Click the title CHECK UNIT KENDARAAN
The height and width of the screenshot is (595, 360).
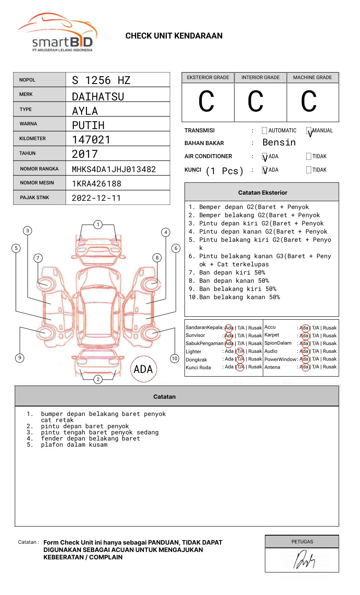point(174,36)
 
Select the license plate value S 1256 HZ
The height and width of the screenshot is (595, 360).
point(101,80)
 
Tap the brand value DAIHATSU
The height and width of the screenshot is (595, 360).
point(98,97)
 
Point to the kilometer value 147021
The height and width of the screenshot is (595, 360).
point(91,140)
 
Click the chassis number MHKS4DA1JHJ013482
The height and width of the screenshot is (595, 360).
point(114,169)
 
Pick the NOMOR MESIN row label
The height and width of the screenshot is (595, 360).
point(37,183)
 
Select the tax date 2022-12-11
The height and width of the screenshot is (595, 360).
point(96,198)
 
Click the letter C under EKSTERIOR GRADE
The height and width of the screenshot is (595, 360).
point(207,102)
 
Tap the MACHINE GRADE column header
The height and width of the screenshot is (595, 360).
point(312,77)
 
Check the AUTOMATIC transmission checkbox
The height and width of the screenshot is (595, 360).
point(264,131)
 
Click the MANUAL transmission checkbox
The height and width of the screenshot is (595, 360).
point(309,131)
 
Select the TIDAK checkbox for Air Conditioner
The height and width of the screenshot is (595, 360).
point(309,157)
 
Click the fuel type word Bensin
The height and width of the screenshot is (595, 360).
point(279,143)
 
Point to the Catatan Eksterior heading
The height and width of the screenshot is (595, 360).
point(262,193)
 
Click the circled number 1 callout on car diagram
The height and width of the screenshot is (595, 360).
point(98,225)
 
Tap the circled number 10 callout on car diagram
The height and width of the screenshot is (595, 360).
point(175,359)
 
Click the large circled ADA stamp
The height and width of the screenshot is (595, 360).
point(143,369)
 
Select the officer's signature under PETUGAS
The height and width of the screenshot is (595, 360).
point(304,560)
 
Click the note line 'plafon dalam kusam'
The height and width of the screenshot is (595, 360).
point(74,445)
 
